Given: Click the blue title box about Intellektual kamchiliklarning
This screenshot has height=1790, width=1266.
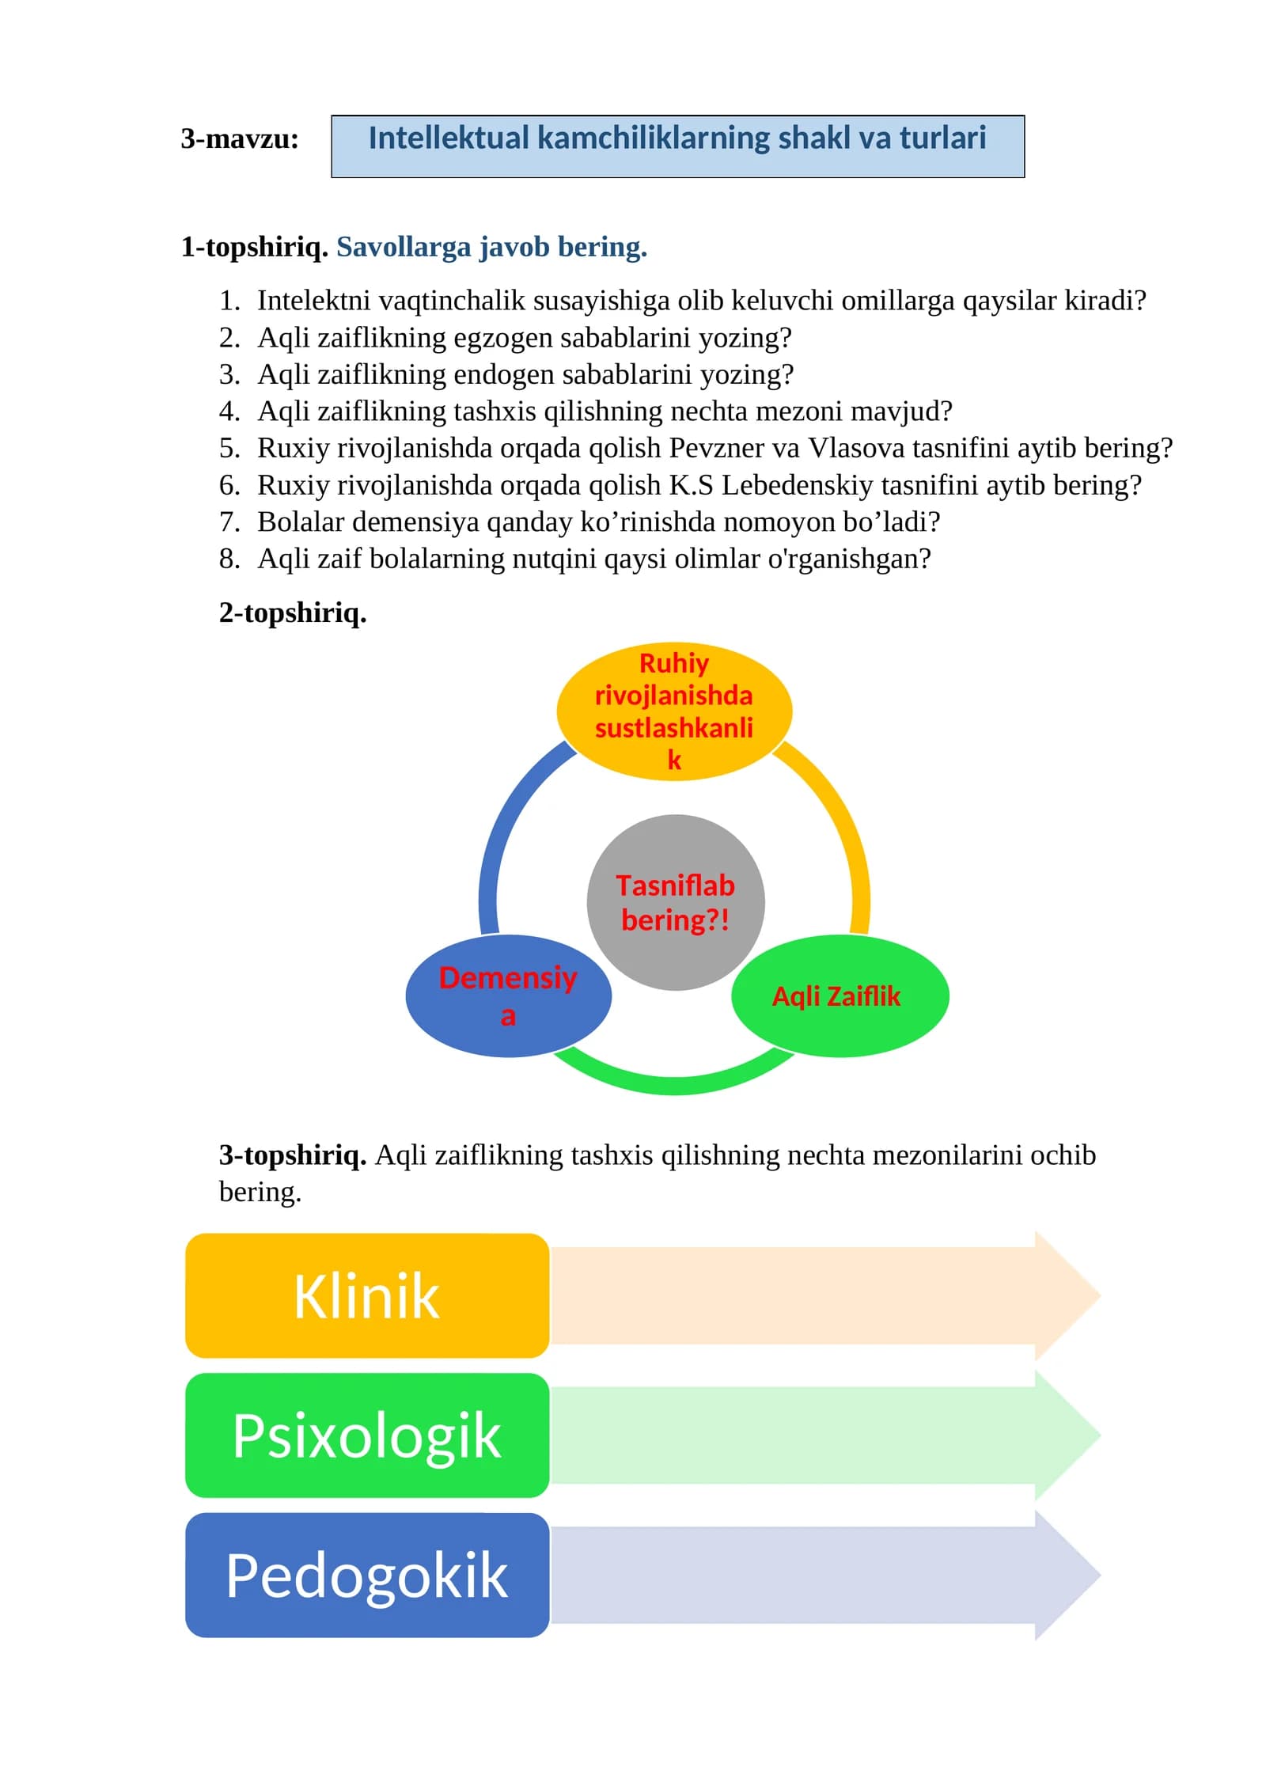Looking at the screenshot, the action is pyautogui.click(x=677, y=146).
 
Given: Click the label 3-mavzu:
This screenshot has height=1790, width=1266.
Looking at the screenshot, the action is pyautogui.click(x=240, y=138).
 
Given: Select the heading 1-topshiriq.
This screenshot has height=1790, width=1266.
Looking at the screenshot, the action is pyautogui.click(x=254, y=247).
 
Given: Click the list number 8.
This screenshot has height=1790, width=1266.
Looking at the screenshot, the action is pyautogui.click(x=229, y=559).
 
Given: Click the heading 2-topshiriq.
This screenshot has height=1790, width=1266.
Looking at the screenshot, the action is pyautogui.click(x=293, y=612).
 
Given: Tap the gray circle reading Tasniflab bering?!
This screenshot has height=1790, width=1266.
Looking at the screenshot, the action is pyautogui.click(x=676, y=902).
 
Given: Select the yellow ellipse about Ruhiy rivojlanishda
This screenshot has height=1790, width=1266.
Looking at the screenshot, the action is pyautogui.click(x=674, y=711).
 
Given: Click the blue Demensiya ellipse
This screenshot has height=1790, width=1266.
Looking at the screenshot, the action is pyautogui.click(x=508, y=996).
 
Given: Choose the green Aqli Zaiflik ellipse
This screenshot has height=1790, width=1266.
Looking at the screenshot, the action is pyautogui.click(x=840, y=995).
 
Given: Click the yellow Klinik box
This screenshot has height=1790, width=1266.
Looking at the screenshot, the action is pyautogui.click(x=367, y=1296).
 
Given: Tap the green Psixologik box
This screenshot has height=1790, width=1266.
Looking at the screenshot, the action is pyautogui.click(x=367, y=1435).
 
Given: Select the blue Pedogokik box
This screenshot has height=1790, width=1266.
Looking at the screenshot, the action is pyautogui.click(x=367, y=1576).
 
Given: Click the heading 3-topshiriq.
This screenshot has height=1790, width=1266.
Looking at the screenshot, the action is pyautogui.click(x=293, y=1155).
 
